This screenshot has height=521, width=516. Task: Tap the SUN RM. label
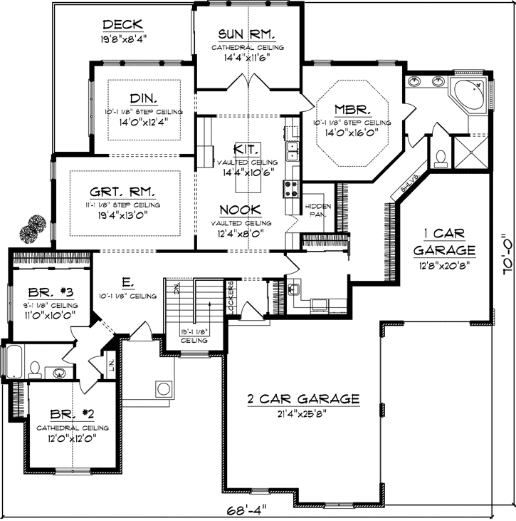247,34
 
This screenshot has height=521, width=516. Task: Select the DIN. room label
144,98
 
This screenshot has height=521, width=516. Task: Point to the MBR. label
352,110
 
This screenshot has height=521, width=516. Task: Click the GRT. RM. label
125,192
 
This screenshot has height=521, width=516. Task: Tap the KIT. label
247,149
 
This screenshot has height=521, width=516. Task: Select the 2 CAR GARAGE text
303,399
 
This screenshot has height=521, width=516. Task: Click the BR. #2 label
69,413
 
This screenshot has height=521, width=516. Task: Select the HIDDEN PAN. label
318,209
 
